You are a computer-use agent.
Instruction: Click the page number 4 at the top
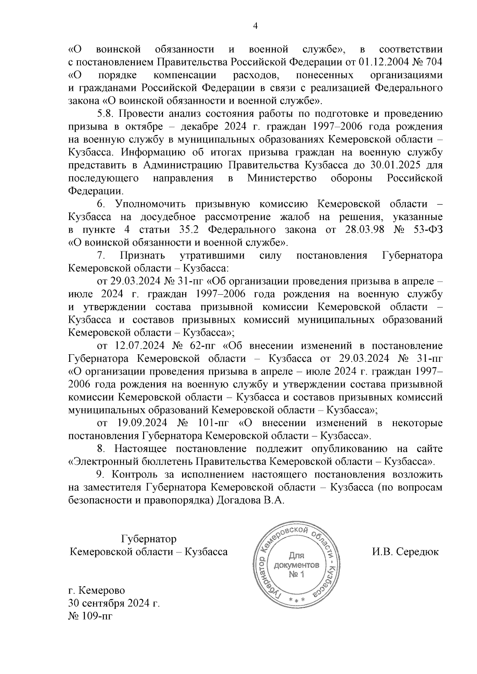click(x=255, y=26)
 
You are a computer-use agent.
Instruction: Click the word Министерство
click(x=282, y=178)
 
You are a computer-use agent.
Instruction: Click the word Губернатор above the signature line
click(x=149, y=539)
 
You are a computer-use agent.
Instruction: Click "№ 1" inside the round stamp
click(x=297, y=575)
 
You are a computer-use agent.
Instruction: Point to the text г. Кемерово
click(x=97, y=591)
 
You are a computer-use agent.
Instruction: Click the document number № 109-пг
click(x=91, y=616)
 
